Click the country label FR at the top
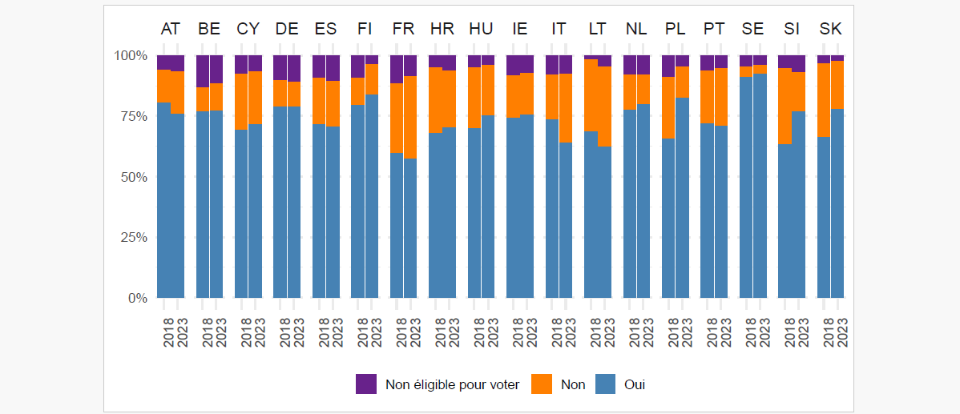coord(403,30)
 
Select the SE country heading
coord(752,30)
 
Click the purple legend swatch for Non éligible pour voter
coord(366,384)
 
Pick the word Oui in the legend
coord(634,384)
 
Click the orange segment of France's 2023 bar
coord(410,117)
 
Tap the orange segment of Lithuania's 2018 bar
coord(591,95)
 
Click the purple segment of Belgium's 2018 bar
coord(203,71)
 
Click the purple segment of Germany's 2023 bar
coord(294,68)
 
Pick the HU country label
coord(481,30)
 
